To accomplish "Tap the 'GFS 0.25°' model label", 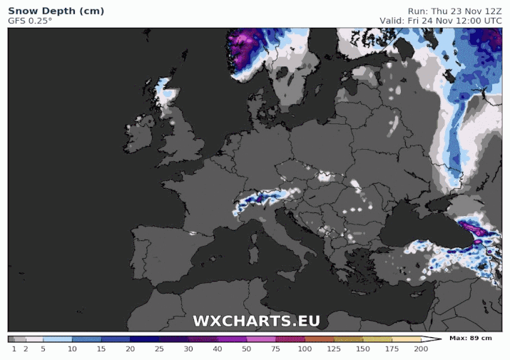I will coord(30,21).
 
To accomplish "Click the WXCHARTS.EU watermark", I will coord(256,321).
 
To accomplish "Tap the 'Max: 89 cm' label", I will coord(471,338).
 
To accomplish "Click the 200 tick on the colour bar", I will coord(421,349).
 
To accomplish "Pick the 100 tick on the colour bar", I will coord(305,349).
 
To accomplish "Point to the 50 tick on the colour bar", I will coord(246,349).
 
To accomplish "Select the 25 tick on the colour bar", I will coord(159,349).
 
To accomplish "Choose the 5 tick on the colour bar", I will coord(43,349).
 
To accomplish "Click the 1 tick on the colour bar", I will coord(14,349).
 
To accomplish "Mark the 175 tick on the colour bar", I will coord(392,349).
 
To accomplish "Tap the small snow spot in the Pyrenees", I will coord(192,232).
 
